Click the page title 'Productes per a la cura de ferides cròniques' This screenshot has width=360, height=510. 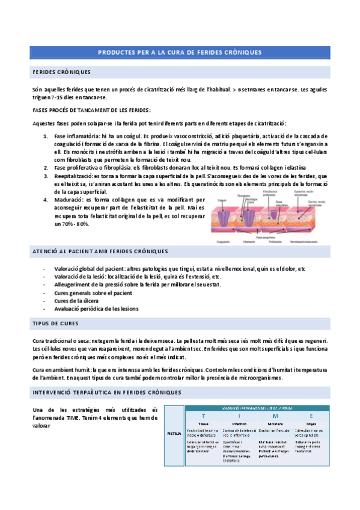[180, 52]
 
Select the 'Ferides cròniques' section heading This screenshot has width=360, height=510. [61, 72]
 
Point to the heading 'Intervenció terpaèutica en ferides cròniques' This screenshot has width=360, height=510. [106, 393]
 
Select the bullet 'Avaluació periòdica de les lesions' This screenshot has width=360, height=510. [96, 309]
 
